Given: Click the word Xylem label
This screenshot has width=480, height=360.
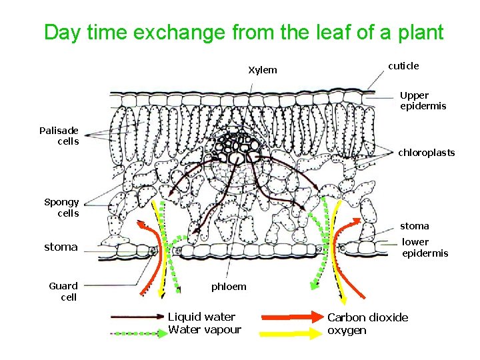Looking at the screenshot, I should pos(263,70).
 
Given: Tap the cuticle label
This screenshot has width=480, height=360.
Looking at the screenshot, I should pos(403,65).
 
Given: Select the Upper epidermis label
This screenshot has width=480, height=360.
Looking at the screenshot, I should pos(423,101).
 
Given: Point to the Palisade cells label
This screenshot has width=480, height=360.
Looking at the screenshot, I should pos(59,135).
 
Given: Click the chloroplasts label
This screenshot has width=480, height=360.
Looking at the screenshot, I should pos(427,153).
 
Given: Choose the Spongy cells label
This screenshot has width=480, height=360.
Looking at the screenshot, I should pos(61,207).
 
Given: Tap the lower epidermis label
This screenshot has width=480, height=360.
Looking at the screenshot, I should pos(425,247).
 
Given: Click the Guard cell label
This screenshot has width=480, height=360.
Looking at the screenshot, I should pos(63,291).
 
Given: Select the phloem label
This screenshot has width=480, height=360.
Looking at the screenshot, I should pos(229,287).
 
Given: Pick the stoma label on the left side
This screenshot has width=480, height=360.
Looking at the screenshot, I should pos(61,247).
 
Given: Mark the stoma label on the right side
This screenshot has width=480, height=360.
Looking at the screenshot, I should pos(415,226).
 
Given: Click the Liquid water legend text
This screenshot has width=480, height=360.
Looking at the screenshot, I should pos(201,317).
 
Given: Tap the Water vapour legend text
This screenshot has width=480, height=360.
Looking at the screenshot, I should pos(205,329).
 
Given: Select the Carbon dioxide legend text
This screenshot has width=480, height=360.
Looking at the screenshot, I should pos(367,317).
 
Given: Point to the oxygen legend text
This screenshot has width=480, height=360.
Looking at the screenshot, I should pos(347,331).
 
